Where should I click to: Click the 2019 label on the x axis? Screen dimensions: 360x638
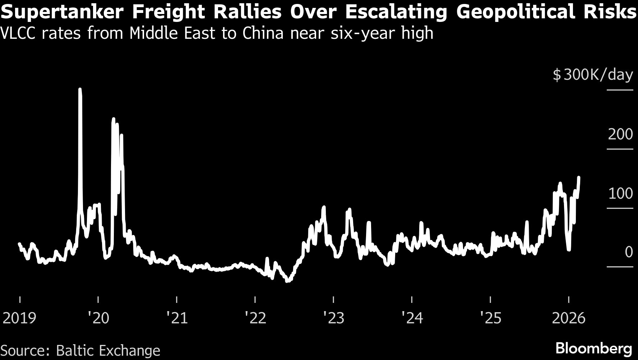(19, 318)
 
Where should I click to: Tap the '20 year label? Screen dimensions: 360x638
(98, 318)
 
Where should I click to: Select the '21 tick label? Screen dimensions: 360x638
(177, 318)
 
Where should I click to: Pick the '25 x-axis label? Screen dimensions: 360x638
(491, 318)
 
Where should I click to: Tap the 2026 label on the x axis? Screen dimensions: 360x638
(568, 318)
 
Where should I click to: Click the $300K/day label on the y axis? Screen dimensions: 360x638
(593, 75)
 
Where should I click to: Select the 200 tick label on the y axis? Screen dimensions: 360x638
(620, 134)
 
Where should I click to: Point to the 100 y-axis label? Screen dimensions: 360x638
(620, 193)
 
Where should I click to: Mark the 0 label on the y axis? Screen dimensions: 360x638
(629, 252)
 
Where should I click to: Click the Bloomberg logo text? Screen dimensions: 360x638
(593, 349)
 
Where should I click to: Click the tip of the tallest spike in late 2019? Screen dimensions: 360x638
(80, 89)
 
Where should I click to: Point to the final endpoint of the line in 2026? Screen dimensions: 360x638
(579, 177)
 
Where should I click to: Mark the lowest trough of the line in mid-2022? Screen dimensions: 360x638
(287, 281)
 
